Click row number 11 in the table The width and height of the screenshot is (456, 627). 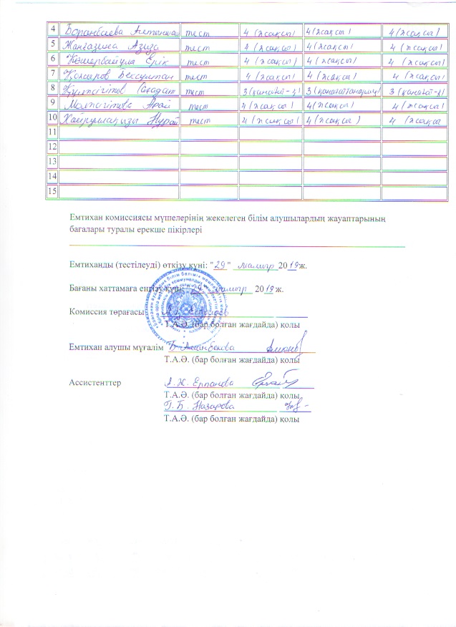point(51,132)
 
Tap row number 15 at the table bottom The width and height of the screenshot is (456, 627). point(51,190)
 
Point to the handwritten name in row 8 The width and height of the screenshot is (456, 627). point(118,89)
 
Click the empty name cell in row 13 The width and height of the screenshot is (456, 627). point(118,162)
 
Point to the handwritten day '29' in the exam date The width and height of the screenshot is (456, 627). point(221,266)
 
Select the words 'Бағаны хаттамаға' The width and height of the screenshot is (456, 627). point(107,290)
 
